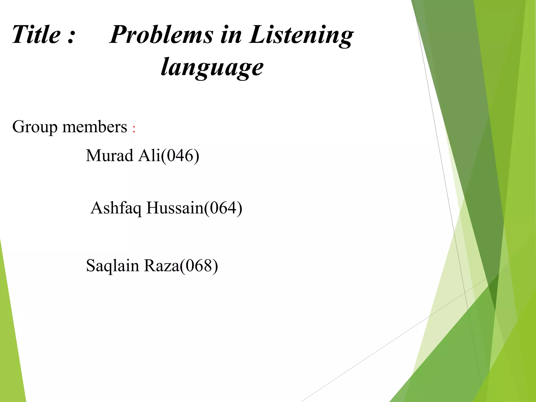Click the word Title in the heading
point(36,35)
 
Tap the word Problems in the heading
point(161,35)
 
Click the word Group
point(35,127)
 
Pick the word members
point(95,127)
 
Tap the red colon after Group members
point(134,129)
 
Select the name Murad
point(110,155)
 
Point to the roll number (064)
point(223,208)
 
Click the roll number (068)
point(199,266)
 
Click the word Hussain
point(175,208)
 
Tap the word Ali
point(149,155)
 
